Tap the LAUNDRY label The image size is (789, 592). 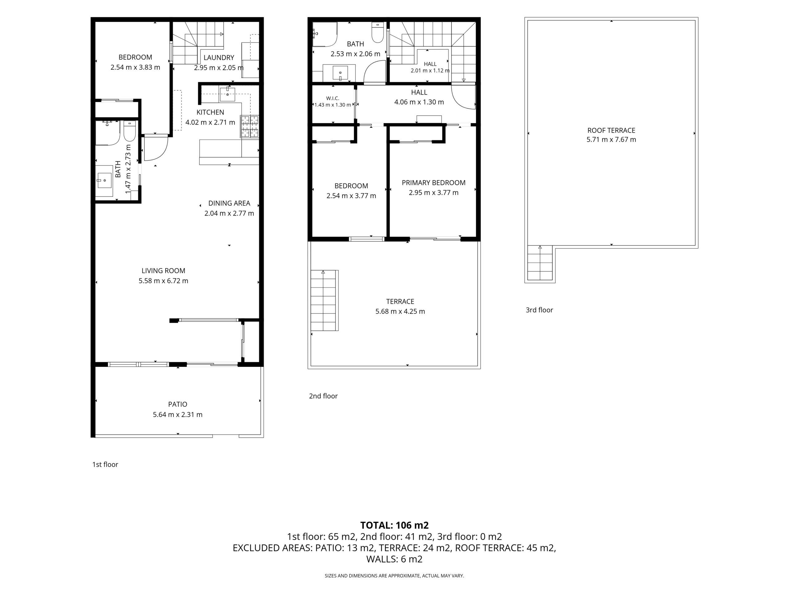click(219, 58)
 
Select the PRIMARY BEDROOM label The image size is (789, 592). click(433, 183)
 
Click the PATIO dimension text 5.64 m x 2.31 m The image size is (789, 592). click(178, 415)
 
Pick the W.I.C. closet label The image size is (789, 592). click(333, 98)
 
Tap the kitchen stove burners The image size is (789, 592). click(249, 126)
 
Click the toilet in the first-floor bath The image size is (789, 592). click(129, 131)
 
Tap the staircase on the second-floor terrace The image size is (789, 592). click(324, 300)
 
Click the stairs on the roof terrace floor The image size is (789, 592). click(540, 263)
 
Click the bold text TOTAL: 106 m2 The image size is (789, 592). click(394, 525)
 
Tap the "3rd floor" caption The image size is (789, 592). click(539, 310)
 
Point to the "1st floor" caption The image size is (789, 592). click(105, 465)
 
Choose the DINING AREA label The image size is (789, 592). click(229, 203)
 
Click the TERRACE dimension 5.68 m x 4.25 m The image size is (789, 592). click(400, 311)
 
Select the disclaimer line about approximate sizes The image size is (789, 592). click(394, 576)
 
